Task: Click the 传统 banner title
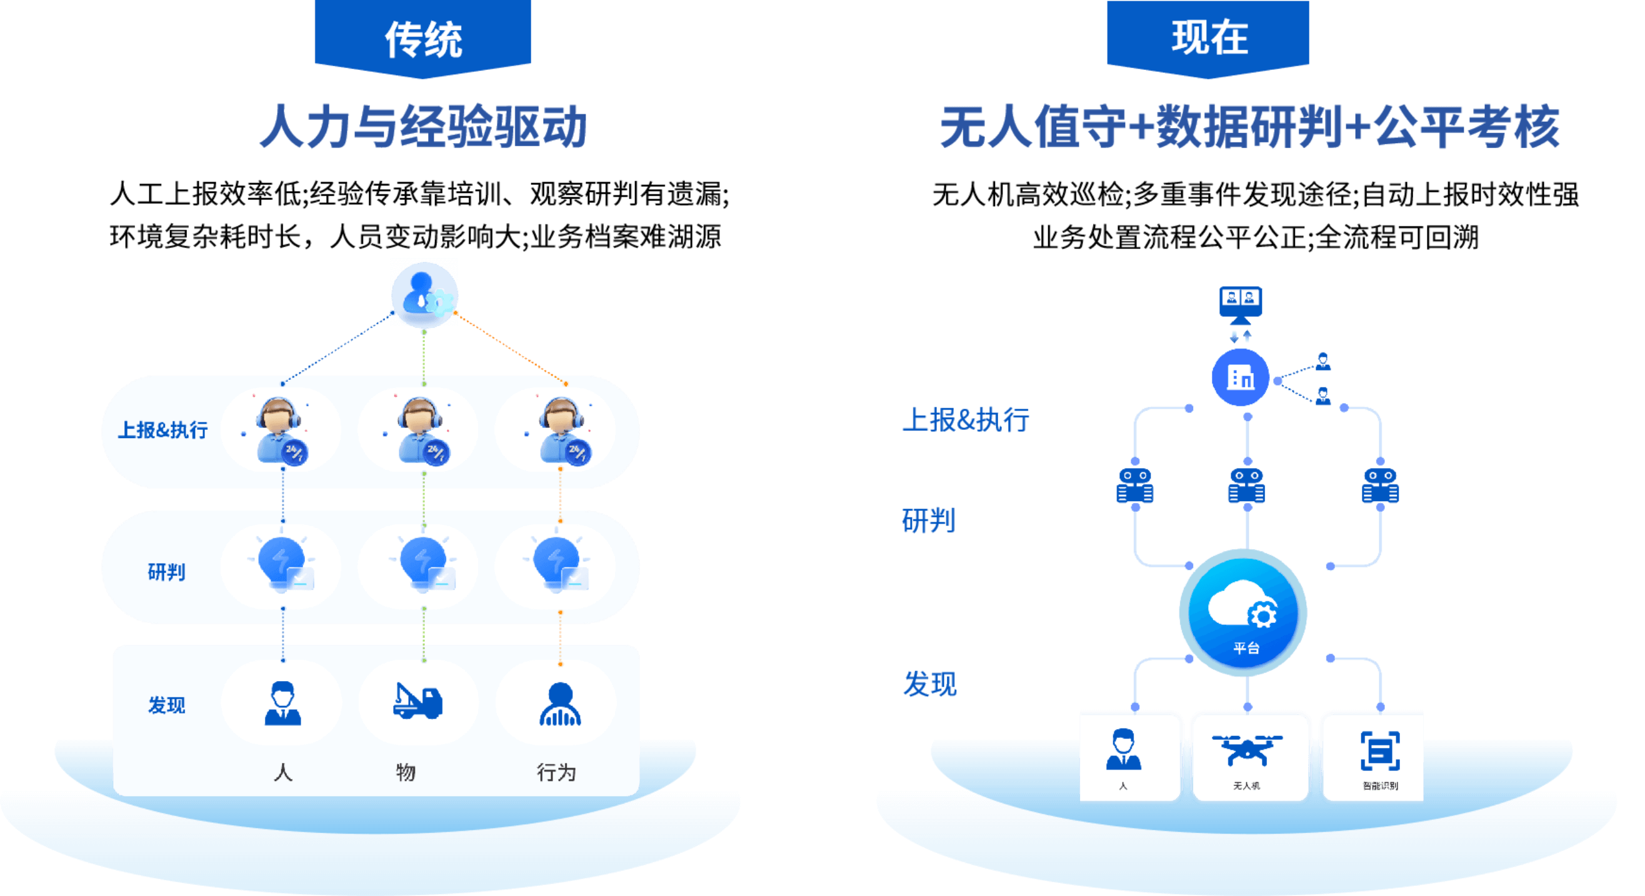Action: tap(422, 39)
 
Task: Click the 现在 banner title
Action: tap(1209, 37)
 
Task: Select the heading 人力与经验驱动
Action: tap(422, 126)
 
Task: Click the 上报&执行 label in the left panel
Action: tap(163, 430)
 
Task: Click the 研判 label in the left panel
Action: tap(167, 572)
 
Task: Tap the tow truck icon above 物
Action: tap(417, 701)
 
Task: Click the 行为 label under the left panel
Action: tap(556, 772)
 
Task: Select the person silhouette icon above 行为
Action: tap(560, 704)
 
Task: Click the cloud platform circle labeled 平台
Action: tap(1242, 613)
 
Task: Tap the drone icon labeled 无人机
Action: tap(1246, 750)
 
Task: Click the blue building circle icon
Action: tap(1240, 377)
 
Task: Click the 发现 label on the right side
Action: tap(930, 684)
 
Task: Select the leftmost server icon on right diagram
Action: tap(1135, 486)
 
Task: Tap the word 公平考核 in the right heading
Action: tap(1467, 126)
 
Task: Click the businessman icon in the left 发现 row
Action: tap(283, 702)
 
